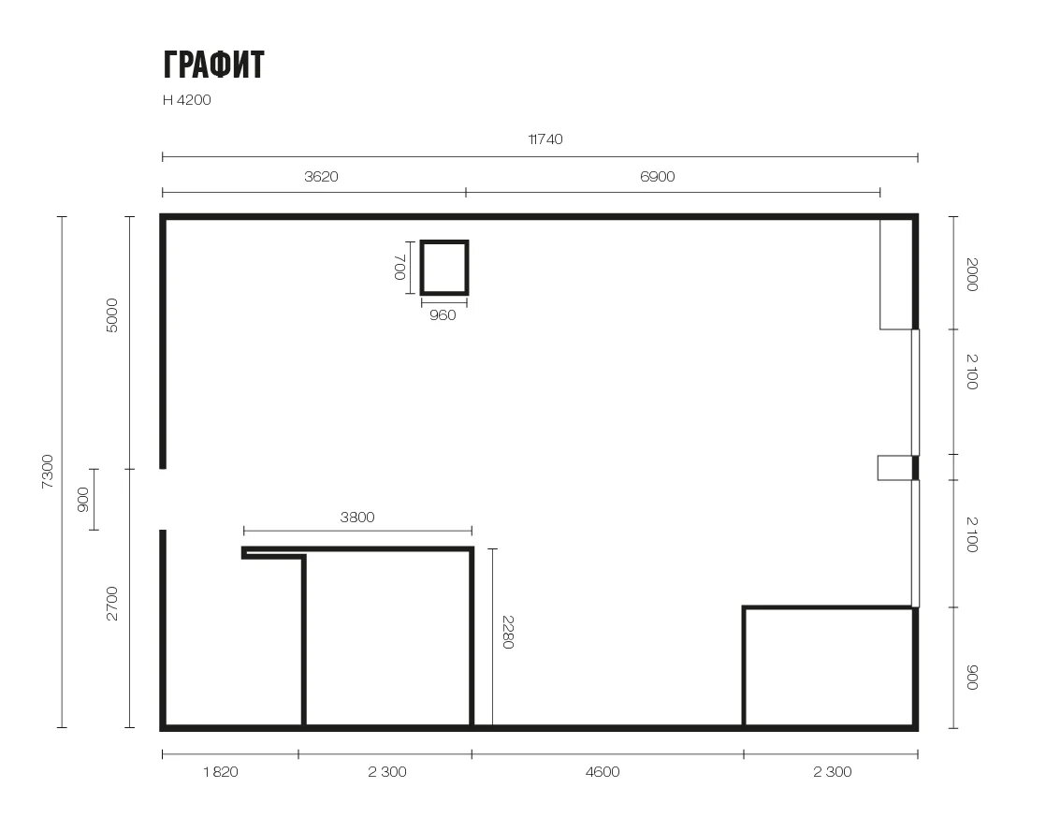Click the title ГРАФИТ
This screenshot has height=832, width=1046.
click(213, 65)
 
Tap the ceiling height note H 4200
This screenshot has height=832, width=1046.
click(187, 100)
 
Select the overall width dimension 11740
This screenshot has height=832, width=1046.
click(545, 139)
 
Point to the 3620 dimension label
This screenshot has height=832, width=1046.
click(321, 177)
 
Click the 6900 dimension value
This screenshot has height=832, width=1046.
click(657, 177)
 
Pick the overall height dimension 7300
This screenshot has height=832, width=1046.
click(48, 472)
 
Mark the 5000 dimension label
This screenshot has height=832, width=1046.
click(112, 315)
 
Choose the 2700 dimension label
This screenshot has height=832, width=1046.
click(112, 604)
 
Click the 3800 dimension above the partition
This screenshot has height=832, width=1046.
click(357, 518)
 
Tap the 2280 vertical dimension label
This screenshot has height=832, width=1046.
click(508, 632)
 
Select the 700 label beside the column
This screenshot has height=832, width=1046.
click(400, 267)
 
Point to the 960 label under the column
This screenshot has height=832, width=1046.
click(443, 314)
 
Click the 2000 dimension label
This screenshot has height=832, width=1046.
click(972, 274)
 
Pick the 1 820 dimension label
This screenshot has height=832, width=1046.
click(221, 772)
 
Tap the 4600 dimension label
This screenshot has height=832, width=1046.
click(603, 772)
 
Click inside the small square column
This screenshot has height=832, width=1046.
click(444, 267)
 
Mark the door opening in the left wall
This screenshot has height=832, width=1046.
click(163, 499)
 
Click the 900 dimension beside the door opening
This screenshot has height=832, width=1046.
click(82, 500)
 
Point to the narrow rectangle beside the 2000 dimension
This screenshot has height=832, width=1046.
click(896, 274)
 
